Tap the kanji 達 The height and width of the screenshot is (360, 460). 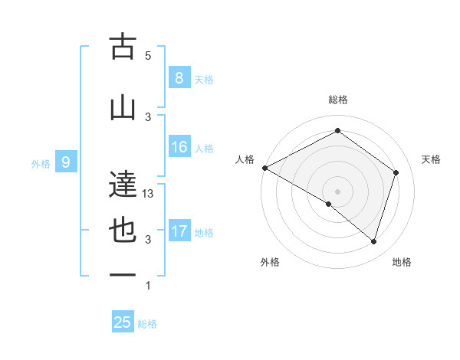(123, 184)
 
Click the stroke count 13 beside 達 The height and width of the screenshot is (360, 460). (149, 194)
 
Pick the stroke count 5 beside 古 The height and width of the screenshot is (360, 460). (148, 56)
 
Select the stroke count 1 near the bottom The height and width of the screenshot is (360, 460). (148, 286)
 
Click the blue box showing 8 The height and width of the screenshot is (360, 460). (179, 78)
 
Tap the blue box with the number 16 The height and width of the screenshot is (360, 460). (179, 147)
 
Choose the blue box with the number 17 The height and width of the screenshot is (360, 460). (179, 231)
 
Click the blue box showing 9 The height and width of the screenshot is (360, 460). (66, 162)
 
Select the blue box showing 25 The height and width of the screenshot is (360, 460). (123, 322)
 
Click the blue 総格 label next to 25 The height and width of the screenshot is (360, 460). (147, 324)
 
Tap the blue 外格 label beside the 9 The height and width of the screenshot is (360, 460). (41, 163)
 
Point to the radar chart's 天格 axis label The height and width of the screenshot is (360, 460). (431, 159)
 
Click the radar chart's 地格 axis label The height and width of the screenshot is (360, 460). (402, 262)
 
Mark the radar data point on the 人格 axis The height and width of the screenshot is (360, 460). (264, 168)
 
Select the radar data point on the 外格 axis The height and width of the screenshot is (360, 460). (329, 204)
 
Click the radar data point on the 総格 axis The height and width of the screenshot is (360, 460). (337, 131)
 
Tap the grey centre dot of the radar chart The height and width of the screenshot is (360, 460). (337, 191)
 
